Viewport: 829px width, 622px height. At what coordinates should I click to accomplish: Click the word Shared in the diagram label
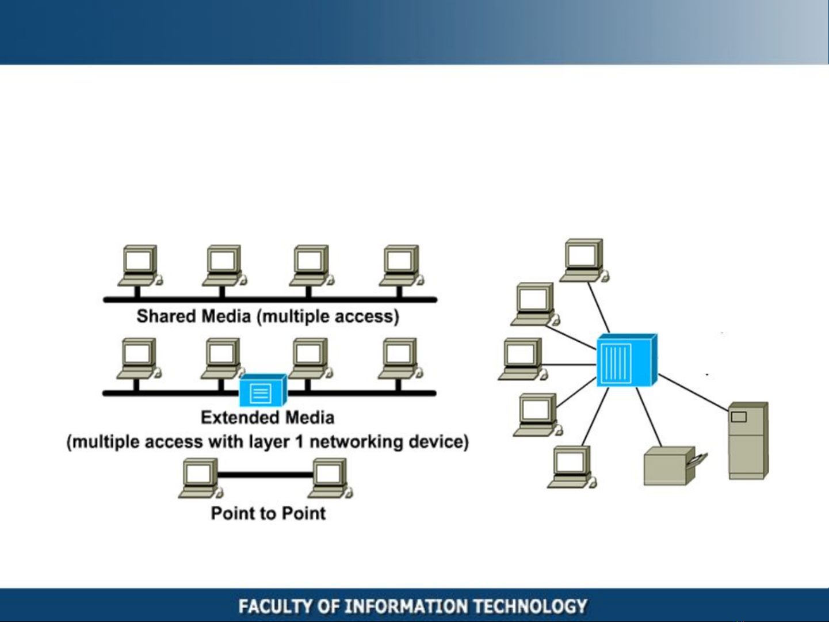click(x=166, y=316)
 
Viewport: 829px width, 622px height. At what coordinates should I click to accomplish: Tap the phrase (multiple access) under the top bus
click(x=328, y=317)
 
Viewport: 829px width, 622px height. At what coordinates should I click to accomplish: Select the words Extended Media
click(x=268, y=418)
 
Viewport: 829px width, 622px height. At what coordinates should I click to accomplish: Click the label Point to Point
click(x=268, y=513)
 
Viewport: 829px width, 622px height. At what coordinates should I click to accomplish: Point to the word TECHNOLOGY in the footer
click(x=530, y=606)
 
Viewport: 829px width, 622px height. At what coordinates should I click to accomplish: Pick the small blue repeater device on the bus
click(x=263, y=390)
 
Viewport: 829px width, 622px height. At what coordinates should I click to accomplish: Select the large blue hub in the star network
click(x=627, y=360)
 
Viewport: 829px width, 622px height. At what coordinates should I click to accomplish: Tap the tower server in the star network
click(x=748, y=440)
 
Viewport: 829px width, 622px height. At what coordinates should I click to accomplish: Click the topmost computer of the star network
click(x=584, y=260)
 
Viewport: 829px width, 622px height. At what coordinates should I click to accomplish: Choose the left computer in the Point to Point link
click(x=201, y=478)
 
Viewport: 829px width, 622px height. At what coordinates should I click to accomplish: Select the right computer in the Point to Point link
click(x=330, y=478)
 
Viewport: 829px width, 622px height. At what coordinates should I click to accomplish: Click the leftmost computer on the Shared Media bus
click(x=140, y=266)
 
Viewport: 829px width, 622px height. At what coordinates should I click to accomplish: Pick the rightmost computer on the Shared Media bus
click(x=402, y=266)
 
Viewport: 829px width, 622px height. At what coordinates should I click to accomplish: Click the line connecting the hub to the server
click(x=693, y=392)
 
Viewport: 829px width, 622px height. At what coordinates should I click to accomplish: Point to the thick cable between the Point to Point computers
click(x=266, y=475)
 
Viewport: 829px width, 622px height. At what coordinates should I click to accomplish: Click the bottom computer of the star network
click(x=572, y=467)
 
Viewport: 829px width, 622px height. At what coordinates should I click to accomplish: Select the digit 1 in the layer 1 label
click(x=300, y=441)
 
